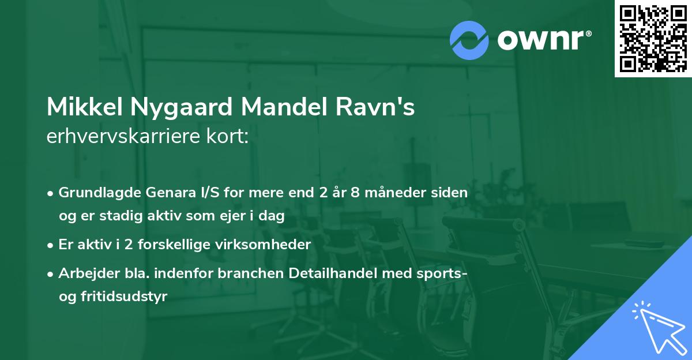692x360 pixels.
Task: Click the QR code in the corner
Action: point(653,39)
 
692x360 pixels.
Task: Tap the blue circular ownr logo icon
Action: point(469,40)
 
